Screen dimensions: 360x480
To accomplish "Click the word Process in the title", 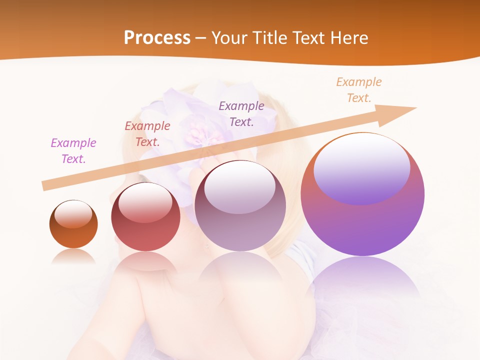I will click(157, 38).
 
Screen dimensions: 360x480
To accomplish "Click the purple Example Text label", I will click(73, 150).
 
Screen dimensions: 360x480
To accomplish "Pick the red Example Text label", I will click(147, 133).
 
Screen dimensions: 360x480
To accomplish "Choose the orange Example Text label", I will click(358, 90).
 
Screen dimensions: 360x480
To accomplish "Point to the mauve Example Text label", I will click(241, 113).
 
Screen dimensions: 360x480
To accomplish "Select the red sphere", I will click(145, 235).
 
